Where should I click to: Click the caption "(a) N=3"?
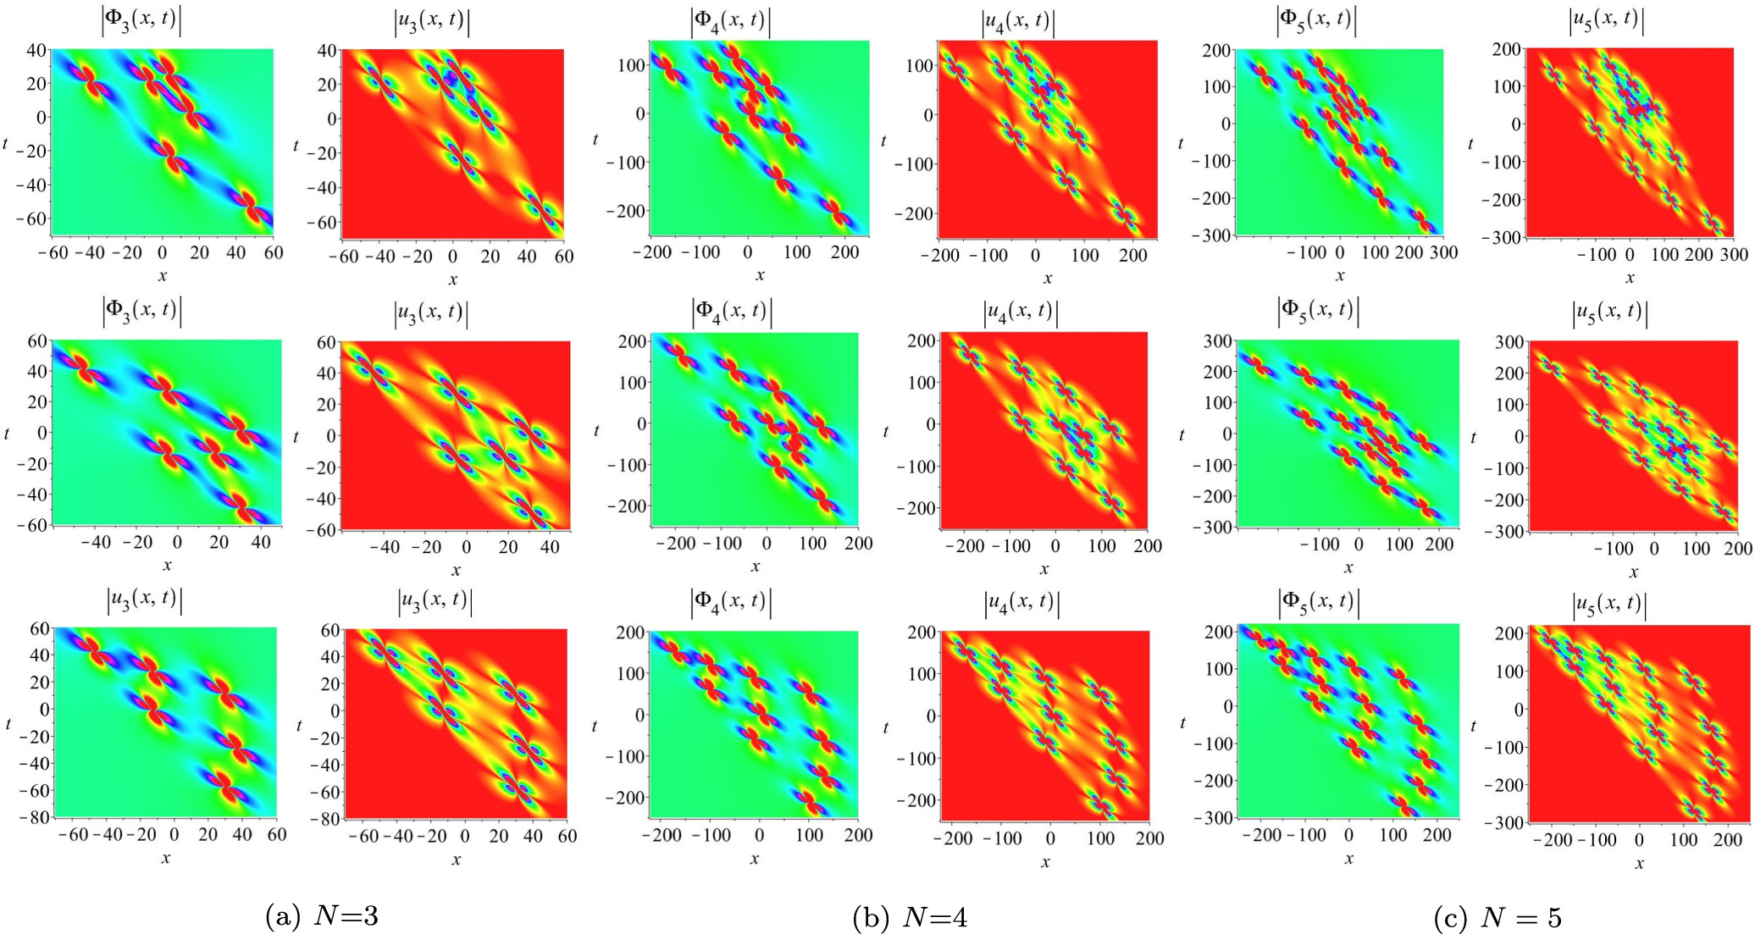click(x=322, y=916)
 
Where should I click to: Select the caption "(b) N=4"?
click(x=911, y=917)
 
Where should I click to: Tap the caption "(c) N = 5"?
click(x=1498, y=917)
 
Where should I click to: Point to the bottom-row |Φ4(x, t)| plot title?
click(x=732, y=602)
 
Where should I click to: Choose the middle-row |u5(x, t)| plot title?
click(x=1608, y=313)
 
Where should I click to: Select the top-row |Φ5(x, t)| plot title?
click(x=1317, y=20)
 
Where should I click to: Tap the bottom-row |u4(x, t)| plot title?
click(x=1021, y=602)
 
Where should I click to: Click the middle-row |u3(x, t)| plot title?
click(x=432, y=313)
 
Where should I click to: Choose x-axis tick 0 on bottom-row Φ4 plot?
click(x=758, y=835)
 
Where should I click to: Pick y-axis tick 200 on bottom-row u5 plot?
click(x=1510, y=632)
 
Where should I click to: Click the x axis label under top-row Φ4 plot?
click(x=760, y=275)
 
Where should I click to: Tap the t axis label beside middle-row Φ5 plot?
click(x=1182, y=435)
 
